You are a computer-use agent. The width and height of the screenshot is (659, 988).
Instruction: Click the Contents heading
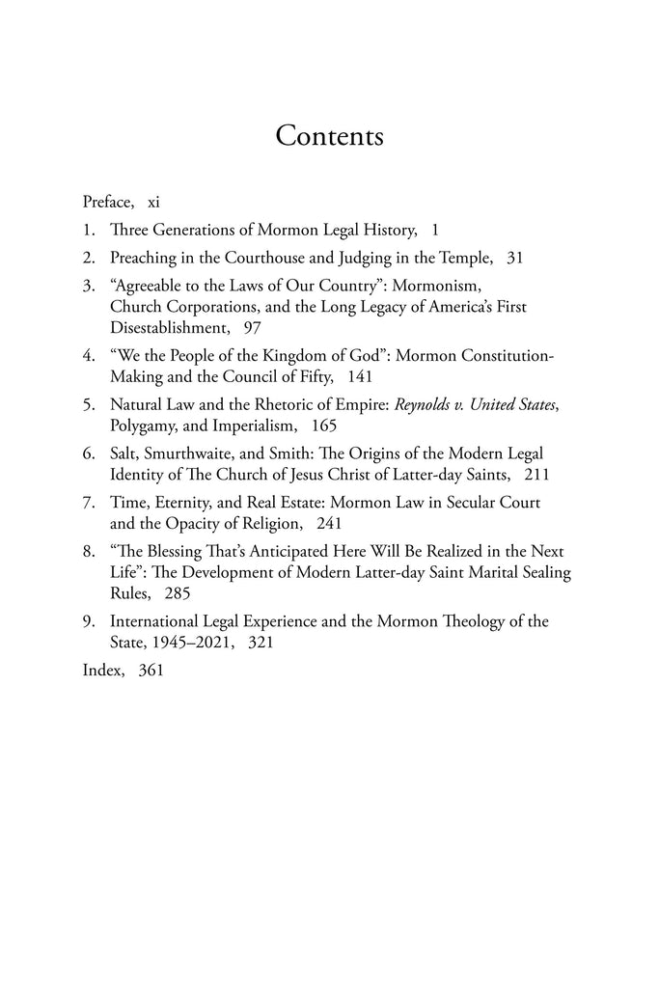coord(329,136)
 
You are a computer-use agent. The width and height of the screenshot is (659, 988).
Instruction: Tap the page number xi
coord(154,204)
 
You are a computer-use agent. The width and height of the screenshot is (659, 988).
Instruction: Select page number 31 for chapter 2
coord(516,259)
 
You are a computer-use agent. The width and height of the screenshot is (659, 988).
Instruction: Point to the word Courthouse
coord(239,259)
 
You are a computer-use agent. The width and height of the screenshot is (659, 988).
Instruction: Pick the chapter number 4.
coord(88,356)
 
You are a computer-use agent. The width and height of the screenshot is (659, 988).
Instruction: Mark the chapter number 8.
coord(88,551)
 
